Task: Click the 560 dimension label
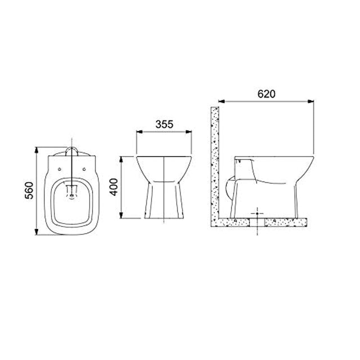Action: (x=29, y=190)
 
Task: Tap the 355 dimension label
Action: (x=164, y=124)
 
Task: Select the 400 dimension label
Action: (x=114, y=187)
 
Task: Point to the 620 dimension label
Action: (x=266, y=94)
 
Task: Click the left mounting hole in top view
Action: (x=60, y=169)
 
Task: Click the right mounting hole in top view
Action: (x=84, y=169)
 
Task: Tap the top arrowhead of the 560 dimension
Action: (x=36, y=150)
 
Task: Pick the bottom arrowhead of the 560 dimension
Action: (x=36, y=232)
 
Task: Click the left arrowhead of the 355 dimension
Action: (x=139, y=132)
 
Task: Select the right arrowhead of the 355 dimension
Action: (x=188, y=132)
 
